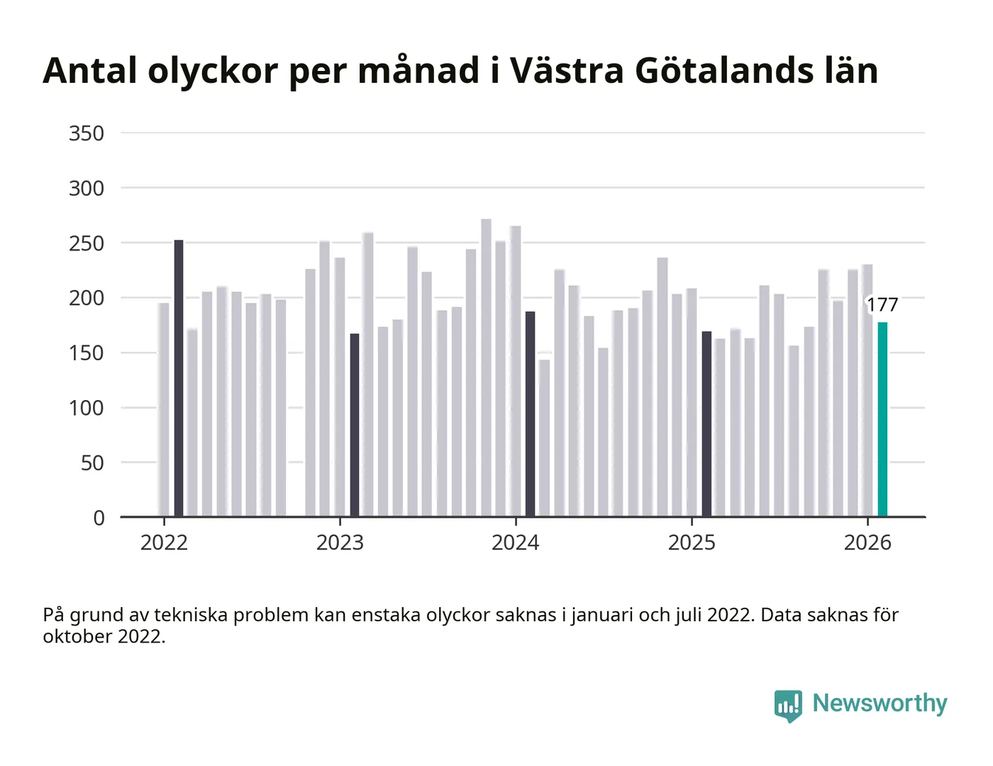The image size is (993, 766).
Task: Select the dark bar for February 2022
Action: click(179, 378)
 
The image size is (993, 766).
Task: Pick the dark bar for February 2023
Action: click(355, 424)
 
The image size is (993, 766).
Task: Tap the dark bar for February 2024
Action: click(530, 413)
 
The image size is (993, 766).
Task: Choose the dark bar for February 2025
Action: click(706, 423)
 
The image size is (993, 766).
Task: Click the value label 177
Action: click(882, 305)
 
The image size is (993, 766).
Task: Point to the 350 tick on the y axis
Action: click(87, 133)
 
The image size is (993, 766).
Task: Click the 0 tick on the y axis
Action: click(99, 518)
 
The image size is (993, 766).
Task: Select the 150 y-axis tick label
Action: click(87, 353)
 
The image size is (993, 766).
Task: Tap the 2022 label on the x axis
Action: click(164, 543)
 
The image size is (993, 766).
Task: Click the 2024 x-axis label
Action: click(516, 543)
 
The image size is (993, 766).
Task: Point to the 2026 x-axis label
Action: click(867, 543)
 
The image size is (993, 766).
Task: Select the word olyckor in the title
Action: click(213, 71)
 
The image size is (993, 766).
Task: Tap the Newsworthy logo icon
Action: click(788, 705)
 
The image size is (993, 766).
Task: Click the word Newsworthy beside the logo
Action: click(880, 703)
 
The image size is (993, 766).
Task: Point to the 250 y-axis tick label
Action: click(87, 243)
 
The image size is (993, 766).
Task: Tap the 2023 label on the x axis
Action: click(340, 543)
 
